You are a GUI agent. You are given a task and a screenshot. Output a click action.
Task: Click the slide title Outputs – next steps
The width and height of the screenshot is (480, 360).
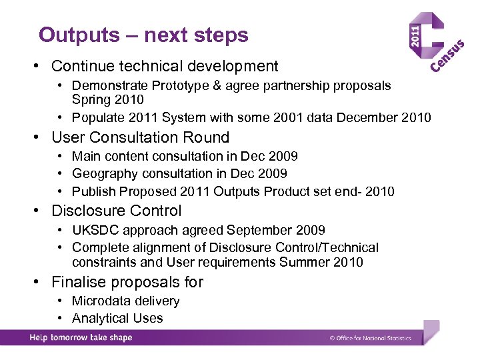coord(143,35)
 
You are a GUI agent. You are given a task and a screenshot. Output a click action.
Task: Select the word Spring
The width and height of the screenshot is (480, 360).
coord(91,99)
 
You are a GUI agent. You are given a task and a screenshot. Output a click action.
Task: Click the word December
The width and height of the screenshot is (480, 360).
coord(367,118)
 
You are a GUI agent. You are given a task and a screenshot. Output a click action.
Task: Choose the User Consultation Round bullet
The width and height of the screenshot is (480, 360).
coord(140,137)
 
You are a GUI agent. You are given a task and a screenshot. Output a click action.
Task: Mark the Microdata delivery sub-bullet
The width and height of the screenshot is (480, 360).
coord(125,301)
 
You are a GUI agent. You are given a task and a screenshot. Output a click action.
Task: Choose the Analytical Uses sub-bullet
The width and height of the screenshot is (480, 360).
coord(117,319)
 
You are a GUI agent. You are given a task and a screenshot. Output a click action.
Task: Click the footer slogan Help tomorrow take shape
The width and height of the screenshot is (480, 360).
coord(81,337)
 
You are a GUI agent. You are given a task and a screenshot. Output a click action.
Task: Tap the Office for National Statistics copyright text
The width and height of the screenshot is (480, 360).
coord(370,338)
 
